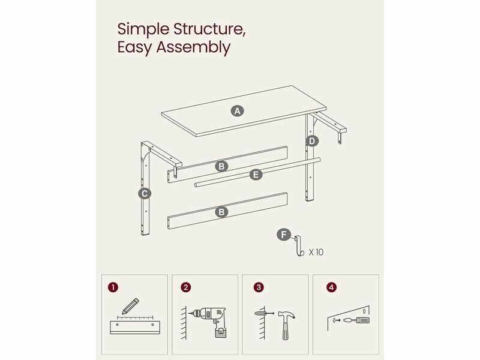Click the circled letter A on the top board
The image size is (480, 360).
pos(237,111)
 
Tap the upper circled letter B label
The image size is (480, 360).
pos(221,166)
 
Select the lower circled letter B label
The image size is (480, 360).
pos(221,212)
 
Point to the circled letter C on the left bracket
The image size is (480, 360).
pos(145,193)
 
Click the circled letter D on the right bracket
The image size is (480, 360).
pos(311,141)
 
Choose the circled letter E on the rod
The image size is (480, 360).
pos(256,175)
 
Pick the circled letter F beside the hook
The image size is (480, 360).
pos(284,235)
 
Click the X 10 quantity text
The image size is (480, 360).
pos(316,252)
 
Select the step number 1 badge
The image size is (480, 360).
pos(113,287)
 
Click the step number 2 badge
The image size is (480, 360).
pos(186,287)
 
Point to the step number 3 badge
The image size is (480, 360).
pos(259,287)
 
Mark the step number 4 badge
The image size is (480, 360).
pos(331,287)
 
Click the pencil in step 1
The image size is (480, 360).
pos(130,306)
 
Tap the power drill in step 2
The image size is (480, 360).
pos(209,322)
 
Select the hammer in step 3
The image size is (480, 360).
pos(286,325)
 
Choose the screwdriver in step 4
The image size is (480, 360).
pos(356,320)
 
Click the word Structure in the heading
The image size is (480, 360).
pos(209,29)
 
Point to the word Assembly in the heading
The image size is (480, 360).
pos(193,48)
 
